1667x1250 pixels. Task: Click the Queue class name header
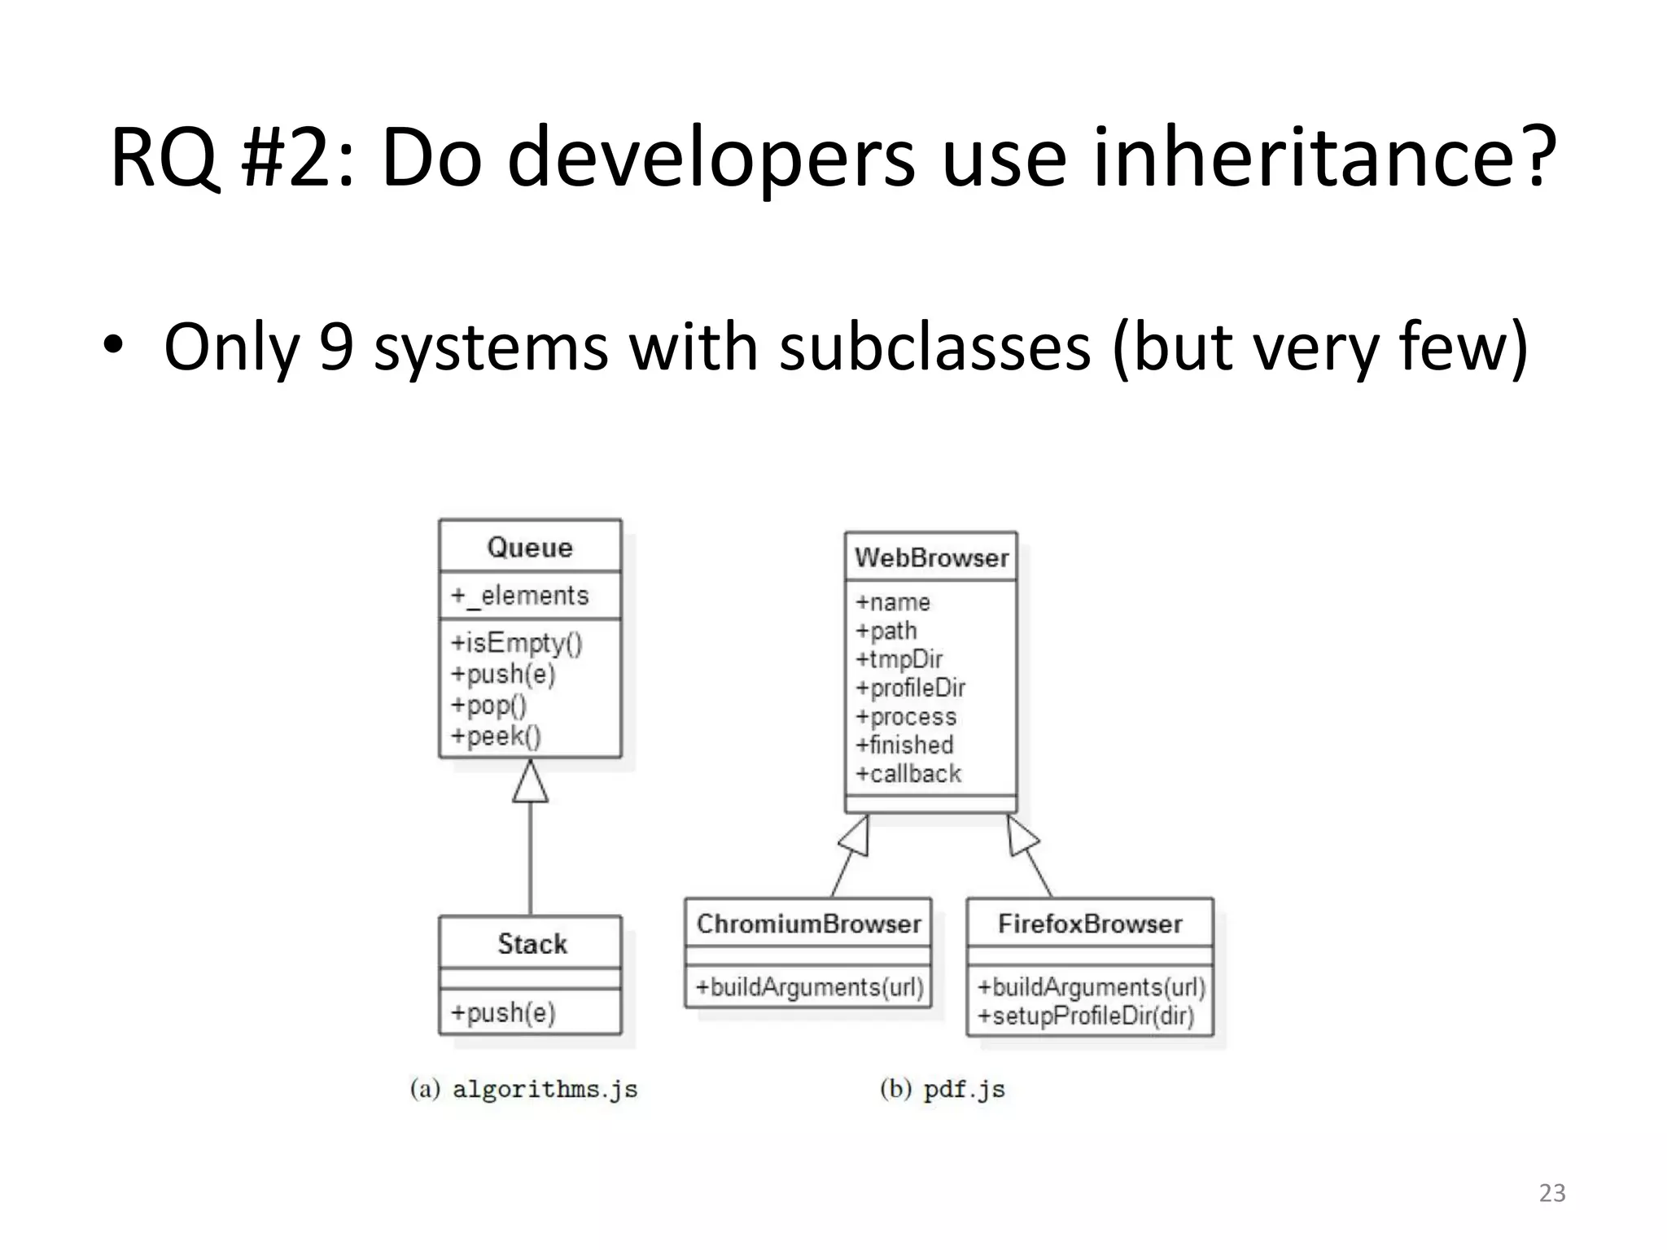point(530,547)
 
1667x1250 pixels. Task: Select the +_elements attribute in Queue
point(520,596)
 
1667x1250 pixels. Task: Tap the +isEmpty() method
point(517,643)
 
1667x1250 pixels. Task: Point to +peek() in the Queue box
point(496,736)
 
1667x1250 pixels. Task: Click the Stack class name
point(532,944)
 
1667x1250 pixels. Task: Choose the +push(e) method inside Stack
point(503,1012)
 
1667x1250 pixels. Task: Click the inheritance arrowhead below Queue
point(531,782)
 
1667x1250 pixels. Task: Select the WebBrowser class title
point(931,557)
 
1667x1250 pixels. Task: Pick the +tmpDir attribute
point(899,658)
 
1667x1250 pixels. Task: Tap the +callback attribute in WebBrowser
point(908,773)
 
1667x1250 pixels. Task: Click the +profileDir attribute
point(910,688)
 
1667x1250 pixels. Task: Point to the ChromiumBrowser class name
point(808,924)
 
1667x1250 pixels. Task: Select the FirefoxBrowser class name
point(1090,924)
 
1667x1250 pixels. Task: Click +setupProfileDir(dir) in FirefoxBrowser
point(1086,1016)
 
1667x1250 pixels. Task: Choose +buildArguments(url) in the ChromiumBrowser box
point(809,987)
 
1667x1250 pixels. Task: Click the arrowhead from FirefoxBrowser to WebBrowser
point(1021,837)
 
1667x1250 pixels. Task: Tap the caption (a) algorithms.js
point(524,1089)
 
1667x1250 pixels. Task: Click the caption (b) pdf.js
point(943,1089)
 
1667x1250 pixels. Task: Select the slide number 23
point(1551,1193)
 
